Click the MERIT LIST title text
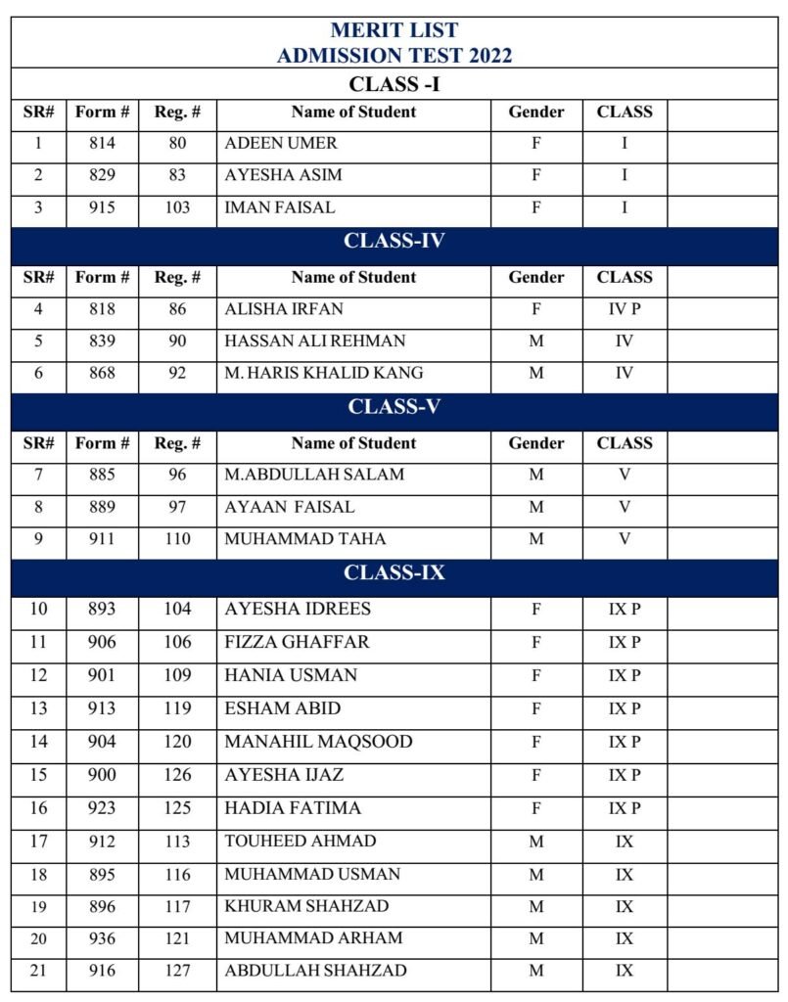pyautogui.click(x=394, y=30)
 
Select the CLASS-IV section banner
pyautogui.click(x=394, y=241)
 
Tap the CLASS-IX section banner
pyautogui.click(x=394, y=572)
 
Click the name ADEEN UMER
pyautogui.click(x=281, y=143)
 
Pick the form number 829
pyautogui.click(x=102, y=175)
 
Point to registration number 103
pyautogui.click(x=177, y=207)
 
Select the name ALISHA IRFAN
pyautogui.click(x=284, y=309)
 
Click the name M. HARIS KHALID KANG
pyautogui.click(x=324, y=373)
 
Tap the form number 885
pyautogui.click(x=102, y=475)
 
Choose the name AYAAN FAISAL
pyautogui.click(x=290, y=507)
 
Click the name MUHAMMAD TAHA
pyautogui.click(x=305, y=538)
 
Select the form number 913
pyautogui.click(x=102, y=708)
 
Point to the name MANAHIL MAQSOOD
pyautogui.click(x=318, y=742)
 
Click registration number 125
pyautogui.click(x=177, y=807)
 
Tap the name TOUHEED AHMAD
pyautogui.click(x=300, y=841)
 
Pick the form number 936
pyautogui.click(x=102, y=938)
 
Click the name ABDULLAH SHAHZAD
pyautogui.click(x=315, y=971)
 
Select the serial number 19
pyautogui.click(x=38, y=906)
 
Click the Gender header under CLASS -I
pyautogui.click(x=535, y=112)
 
